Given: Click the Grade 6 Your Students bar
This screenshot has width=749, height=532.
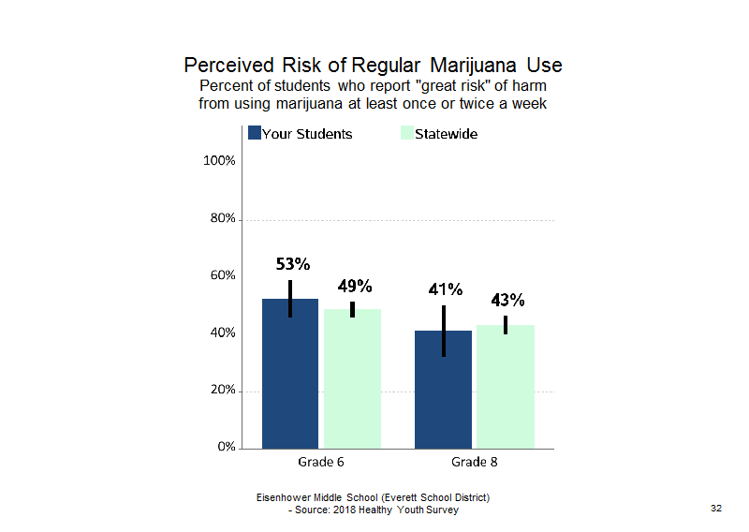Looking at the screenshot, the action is pos(290,374).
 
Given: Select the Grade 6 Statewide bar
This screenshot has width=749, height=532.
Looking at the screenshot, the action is pos(353,379).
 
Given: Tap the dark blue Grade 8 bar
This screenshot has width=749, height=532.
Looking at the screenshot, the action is pos(443,390).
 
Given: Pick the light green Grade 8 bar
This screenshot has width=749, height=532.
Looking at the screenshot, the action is pos(506,387).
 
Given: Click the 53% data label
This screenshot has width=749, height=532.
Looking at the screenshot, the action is pos(293,264).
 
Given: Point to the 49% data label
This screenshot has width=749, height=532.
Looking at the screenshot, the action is pos(355,286).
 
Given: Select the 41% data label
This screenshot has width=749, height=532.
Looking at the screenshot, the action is pos(446,289).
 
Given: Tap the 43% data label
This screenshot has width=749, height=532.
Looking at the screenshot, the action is pos(507,300).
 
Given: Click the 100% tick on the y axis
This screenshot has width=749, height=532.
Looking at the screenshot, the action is pos(219,160).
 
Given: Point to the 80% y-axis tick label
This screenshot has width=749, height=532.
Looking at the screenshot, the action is pos(223,218).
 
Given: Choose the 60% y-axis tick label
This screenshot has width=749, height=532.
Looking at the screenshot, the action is pos(223,275).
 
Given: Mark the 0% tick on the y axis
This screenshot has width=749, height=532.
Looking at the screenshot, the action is pos(227,447).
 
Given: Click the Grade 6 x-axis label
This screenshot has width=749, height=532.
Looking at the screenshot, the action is pos(321,462).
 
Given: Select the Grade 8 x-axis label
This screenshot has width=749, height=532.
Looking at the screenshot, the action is pos(475,462).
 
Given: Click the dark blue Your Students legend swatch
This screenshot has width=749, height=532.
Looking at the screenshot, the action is pos(255,133).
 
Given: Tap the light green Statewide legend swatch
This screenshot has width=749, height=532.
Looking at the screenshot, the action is pos(407,133).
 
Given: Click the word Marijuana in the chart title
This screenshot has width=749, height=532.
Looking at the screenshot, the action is pos(473,66).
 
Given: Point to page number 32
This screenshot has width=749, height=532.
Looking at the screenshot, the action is pos(716,508).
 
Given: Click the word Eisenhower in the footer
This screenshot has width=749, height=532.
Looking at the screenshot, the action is pos(284,497).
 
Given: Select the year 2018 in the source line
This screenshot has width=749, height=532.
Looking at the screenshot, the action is pos(344,510).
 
